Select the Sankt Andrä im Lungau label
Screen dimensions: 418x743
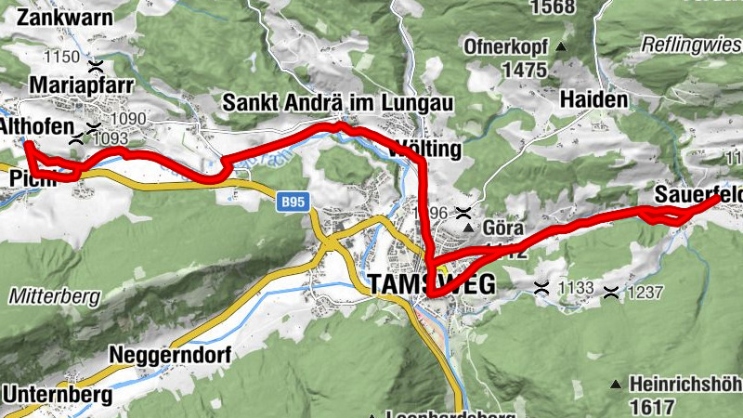pos(337,102)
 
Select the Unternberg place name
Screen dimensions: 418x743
pos(58,395)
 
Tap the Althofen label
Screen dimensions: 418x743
pos(37,129)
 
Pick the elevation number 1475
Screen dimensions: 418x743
pos(524,69)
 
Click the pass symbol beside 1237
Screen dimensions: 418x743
pos(610,293)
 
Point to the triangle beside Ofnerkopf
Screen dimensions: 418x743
pos(561,46)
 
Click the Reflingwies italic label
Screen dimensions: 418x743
pos(692,45)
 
